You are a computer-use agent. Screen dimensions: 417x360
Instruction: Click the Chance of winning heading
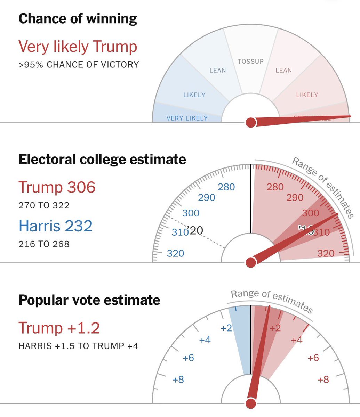(x=78, y=18)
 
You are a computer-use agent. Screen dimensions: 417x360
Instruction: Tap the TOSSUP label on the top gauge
(x=250, y=62)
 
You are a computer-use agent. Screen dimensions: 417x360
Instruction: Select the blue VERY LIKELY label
(x=187, y=118)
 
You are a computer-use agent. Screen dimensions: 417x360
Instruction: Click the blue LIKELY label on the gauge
(x=194, y=95)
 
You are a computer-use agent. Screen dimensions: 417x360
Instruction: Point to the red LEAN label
(x=283, y=71)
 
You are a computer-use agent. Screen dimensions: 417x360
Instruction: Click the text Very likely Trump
(x=78, y=47)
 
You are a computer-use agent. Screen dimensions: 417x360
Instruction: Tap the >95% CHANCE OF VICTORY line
(x=79, y=65)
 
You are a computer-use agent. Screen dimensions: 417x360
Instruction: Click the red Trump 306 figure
(x=57, y=187)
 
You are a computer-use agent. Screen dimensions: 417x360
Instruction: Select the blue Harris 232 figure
(x=55, y=226)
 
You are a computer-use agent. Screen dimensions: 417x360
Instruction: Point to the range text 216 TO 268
(x=44, y=244)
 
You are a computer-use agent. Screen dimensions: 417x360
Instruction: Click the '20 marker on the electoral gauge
(x=195, y=230)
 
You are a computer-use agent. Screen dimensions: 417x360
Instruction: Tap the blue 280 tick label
(x=226, y=187)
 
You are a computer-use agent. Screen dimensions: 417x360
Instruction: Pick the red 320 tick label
(x=326, y=253)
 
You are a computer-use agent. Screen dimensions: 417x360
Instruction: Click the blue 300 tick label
(x=191, y=213)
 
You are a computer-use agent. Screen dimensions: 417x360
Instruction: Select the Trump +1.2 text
(x=59, y=328)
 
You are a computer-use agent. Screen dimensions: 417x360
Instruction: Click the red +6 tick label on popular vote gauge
(x=313, y=358)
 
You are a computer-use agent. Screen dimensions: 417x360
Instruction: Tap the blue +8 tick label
(x=178, y=379)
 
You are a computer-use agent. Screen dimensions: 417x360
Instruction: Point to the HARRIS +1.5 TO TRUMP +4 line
(x=79, y=346)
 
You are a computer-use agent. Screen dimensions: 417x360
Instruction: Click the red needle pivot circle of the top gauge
(x=250, y=122)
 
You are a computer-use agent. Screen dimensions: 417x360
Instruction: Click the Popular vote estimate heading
(x=89, y=300)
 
